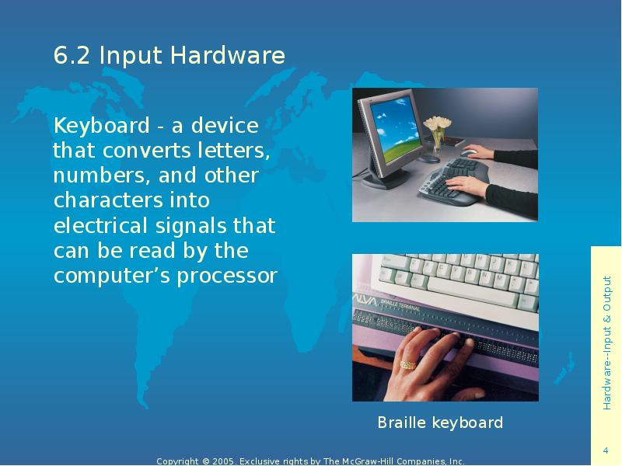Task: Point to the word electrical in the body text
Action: click(99, 226)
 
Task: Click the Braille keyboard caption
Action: click(440, 423)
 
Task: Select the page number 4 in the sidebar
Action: click(606, 451)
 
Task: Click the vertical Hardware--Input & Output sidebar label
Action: click(606, 343)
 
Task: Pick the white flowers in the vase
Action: click(439, 123)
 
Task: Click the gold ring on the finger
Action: click(407, 364)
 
